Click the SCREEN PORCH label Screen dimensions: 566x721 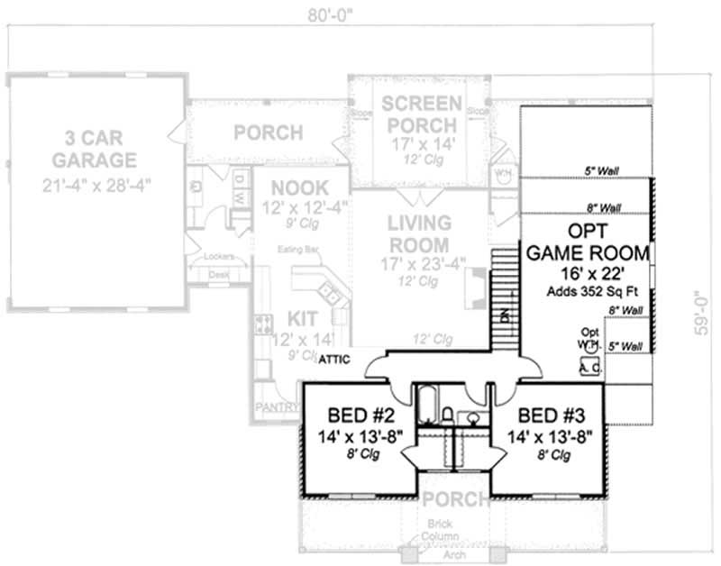421,114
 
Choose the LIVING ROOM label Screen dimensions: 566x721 419,233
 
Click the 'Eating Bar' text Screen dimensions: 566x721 300,248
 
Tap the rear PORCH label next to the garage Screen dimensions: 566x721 268,133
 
